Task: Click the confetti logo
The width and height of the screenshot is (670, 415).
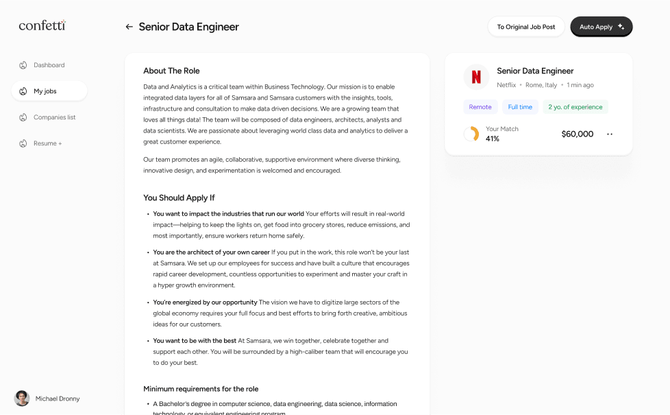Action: pos(42,26)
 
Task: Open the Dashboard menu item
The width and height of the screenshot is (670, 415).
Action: pos(49,65)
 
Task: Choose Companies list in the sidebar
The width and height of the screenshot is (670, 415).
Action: pos(54,117)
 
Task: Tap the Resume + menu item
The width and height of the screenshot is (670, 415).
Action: pos(47,143)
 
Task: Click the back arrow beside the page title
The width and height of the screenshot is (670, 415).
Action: pos(129,27)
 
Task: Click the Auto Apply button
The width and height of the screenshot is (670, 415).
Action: pos(601,27)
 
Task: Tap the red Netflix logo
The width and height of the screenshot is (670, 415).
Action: pos(476,77)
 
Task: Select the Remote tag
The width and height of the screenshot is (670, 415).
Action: pos(480,107)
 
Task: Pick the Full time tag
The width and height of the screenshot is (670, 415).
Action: pos(520,107)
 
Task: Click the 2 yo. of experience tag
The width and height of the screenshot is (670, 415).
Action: pos(575,107)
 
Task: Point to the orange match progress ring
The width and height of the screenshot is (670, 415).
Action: pos(471,134)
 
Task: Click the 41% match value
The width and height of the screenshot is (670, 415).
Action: pos(493,139)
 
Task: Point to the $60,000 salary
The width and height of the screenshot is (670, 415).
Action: pos(577,134)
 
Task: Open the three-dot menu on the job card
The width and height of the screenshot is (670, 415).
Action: pos(610,134)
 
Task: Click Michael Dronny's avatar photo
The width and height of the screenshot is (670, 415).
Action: pos(22,399)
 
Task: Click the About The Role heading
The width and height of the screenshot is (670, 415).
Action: pos(171,71)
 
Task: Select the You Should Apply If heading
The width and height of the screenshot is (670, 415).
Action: pos(179,198)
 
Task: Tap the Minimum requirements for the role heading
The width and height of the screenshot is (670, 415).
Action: pos(201,388)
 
